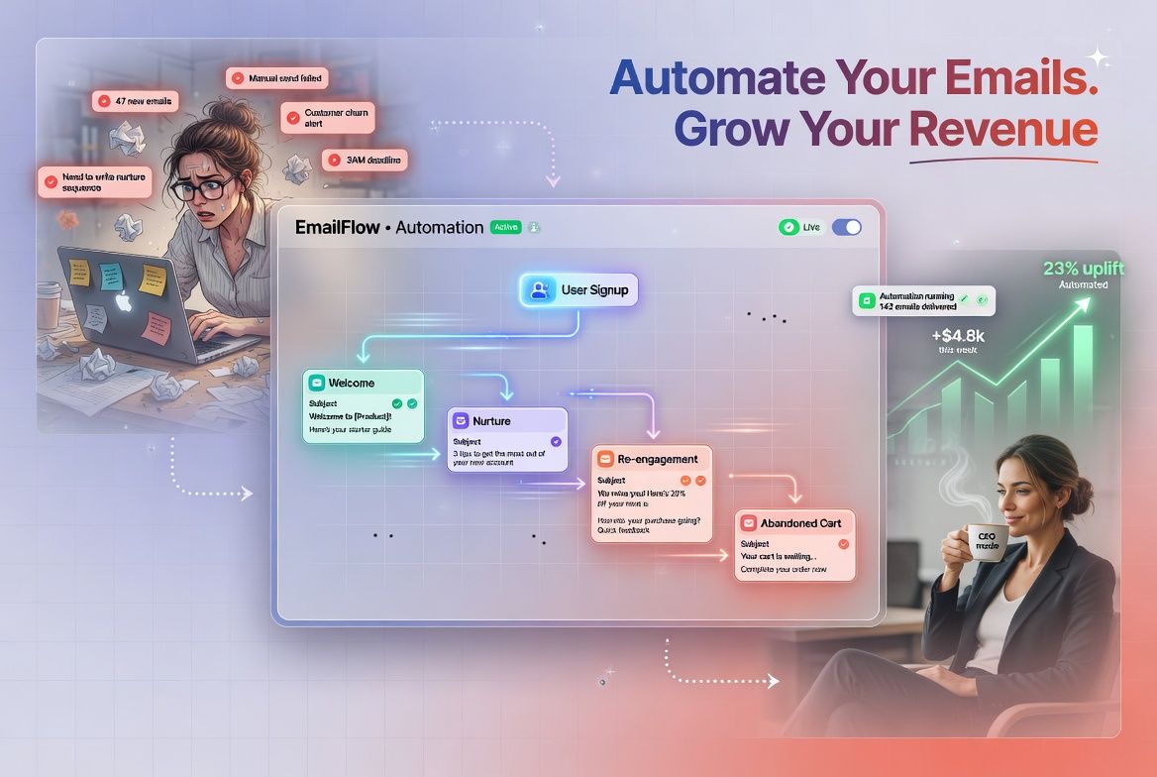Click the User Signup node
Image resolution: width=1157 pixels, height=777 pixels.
(x=579, y=290)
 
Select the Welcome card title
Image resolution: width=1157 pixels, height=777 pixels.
(x=351, y=383)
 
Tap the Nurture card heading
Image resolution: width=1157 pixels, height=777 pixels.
(x=492, y=421)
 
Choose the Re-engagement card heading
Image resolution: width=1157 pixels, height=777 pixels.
(x=657, y=459)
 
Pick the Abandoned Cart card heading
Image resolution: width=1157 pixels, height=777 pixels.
(x=800, y=522)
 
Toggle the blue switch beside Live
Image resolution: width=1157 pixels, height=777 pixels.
(x=847, y=227)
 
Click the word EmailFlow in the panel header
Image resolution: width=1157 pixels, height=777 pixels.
(x=338, y=227)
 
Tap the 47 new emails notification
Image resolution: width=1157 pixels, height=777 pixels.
(x=135, y=100)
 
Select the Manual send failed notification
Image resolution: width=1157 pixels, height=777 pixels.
(x=276, y=78)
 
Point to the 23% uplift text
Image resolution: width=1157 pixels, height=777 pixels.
(x=1082, y=268)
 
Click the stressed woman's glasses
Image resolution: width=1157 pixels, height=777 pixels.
(x=204, y=188)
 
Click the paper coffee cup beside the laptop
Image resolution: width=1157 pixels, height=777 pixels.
(x=49, y=305)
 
